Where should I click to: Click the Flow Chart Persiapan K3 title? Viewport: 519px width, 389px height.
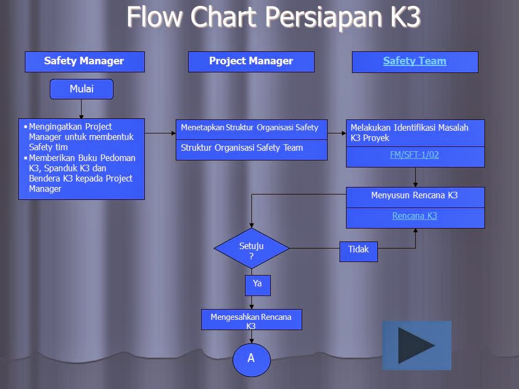274,17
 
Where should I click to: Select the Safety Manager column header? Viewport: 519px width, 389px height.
84,62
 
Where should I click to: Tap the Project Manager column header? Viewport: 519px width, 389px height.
251,62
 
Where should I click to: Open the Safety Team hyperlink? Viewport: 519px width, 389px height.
415,62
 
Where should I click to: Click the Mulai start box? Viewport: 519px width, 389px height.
82,89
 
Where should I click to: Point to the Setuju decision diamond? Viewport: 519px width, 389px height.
251,249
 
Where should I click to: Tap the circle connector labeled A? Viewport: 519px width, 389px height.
251,359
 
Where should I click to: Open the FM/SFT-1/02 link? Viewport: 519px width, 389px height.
415,155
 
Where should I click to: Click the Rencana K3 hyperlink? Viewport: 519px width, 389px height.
415,216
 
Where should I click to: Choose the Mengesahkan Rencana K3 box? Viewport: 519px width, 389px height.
251,320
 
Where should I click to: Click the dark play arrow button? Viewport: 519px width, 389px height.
416,345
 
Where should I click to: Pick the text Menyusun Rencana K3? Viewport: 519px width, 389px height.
415,196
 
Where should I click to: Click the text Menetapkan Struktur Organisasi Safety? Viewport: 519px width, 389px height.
250,128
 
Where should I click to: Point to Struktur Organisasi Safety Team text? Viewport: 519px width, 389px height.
242,148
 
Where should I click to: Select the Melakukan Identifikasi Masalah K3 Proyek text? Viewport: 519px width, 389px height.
409,132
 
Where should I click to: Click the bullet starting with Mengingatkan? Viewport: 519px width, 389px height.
81,137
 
